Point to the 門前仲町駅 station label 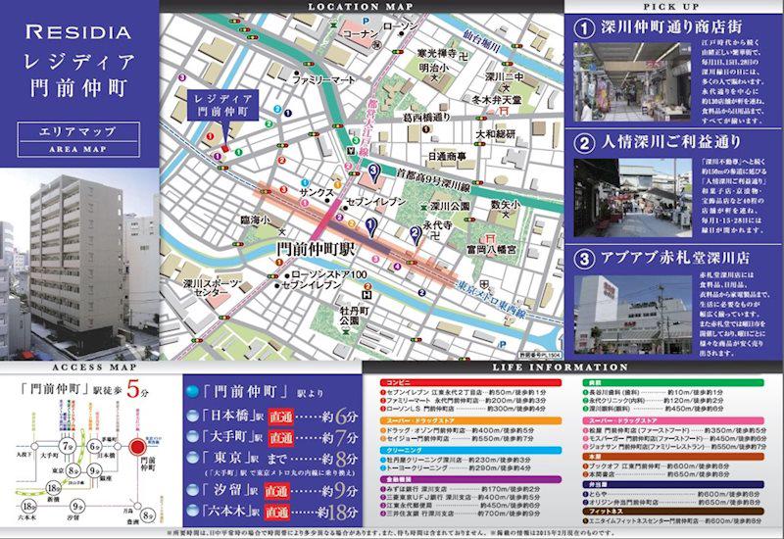(316, 252)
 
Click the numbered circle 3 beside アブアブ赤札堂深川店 (584, 259)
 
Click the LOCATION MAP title (361, 7)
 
